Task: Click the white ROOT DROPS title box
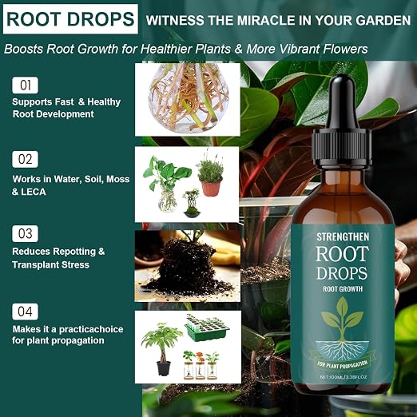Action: pyautogui.click(x=70, y=19)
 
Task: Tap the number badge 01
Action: pyautogui.click(x=25, y=85)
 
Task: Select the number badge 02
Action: pyautogui.click(x=25, y=159)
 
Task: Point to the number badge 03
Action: pyautogui.click(x=25, y=233)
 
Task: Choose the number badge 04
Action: pyautogui.click(x=25, y=312)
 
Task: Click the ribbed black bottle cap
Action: pyautogui.click(x=342, y=149)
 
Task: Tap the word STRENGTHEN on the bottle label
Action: pyautogui.click(x=343, y=237)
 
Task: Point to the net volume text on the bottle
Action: pyautogui.click(x=344, y=377)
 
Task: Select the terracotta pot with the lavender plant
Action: pyautogui.click(x=212, y=187)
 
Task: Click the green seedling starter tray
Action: pyautogui.click(x=207, y=328)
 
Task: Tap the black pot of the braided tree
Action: pyautogui.click(x=163, y=368)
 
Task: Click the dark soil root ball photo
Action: pyautogui.click(x=188, y=266)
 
